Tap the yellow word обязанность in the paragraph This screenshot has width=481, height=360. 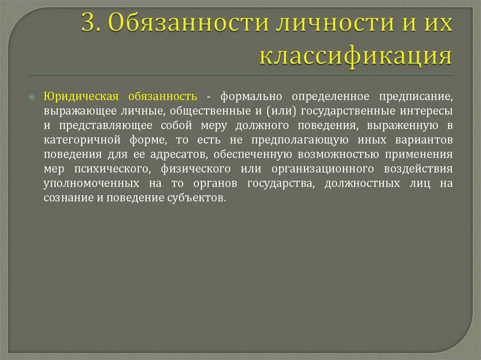click(163, 97)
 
